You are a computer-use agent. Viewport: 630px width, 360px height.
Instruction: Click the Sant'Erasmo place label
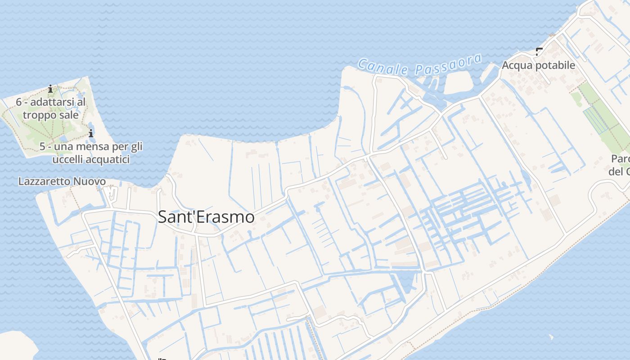point(206,217)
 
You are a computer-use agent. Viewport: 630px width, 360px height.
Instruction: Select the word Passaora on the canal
point(448,64)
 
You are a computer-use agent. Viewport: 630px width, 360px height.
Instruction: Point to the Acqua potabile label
point(538,65)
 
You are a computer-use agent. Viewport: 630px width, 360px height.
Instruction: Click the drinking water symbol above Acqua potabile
point(539,52)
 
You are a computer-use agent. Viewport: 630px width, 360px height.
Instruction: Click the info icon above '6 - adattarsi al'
point(50,88)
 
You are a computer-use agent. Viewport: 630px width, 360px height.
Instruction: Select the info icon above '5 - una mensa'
point(91,133)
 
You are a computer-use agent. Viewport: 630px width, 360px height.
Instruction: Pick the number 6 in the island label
point(19,102)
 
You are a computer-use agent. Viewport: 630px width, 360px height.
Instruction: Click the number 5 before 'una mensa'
point(42,147)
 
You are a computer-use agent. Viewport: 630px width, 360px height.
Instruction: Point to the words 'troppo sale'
point(51,115)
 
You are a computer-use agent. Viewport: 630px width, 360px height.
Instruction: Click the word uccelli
point(68,159)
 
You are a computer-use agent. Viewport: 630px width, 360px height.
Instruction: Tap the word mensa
point(94,147)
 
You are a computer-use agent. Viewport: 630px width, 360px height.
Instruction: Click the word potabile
point(556,65)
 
